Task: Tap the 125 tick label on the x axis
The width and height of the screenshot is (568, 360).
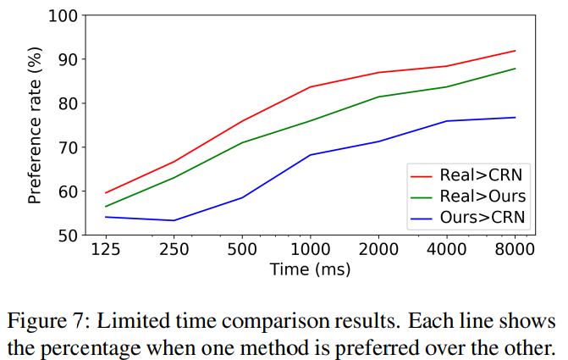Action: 105,252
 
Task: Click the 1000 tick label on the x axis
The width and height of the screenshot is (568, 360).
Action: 310,252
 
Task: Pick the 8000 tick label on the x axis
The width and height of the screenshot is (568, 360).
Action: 515,252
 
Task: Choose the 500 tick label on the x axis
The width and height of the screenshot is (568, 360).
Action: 242,252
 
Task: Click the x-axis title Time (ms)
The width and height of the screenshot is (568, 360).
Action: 310,269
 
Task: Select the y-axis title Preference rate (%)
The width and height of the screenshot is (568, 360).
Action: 36,125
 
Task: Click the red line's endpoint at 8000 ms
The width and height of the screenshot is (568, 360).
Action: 515,51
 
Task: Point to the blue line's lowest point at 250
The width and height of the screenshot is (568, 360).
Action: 174,220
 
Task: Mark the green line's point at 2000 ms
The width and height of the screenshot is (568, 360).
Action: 378,97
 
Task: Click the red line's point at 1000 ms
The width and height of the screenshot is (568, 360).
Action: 310,87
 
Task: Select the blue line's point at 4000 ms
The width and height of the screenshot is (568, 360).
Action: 447,121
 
